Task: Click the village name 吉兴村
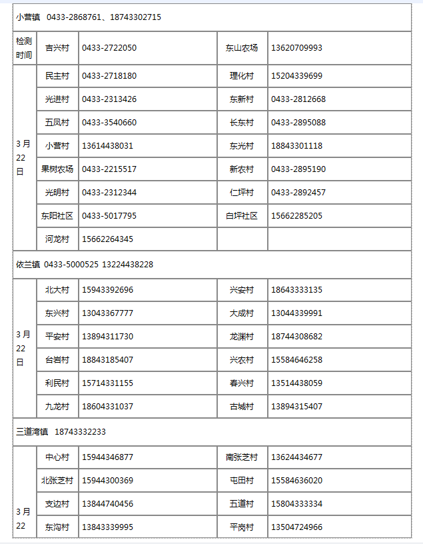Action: point(57,48)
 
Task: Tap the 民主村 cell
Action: point(57,76)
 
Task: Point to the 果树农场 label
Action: point(57,169)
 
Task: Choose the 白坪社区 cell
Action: point(242,216)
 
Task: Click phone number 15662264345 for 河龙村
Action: point(107,239)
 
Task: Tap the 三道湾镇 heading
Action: point(32,432)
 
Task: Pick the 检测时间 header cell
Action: point(24,48)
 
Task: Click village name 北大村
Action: point(57,290)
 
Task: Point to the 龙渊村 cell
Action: point(242,337)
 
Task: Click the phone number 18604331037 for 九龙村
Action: point(107,407)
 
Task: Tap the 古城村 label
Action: point(242,407)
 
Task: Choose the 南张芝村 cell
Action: point(242,457)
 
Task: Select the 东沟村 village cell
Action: point(57,527)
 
